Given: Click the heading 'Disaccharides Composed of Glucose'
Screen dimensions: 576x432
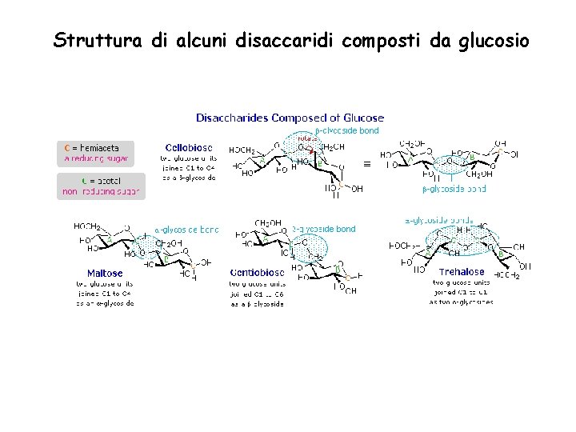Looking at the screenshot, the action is [x=290, y=118].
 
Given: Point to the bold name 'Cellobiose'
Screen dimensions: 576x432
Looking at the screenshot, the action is [x=189, y=147].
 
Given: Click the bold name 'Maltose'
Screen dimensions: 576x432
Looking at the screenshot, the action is [x=105, y=274].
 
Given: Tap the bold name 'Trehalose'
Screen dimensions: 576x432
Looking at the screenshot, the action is [x=462, y=272].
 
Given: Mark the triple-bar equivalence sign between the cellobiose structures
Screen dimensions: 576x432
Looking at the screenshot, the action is [x=367, y=163].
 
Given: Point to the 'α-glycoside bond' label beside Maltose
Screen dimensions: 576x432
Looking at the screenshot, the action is [x=186, y=230].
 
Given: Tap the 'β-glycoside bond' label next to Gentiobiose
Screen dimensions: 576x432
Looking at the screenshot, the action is [x=323, y=229].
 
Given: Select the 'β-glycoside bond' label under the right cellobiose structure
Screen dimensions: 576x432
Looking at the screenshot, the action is [x=454, y=190].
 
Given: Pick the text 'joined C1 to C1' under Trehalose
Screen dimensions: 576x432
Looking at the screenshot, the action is [x=461, y=292].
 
